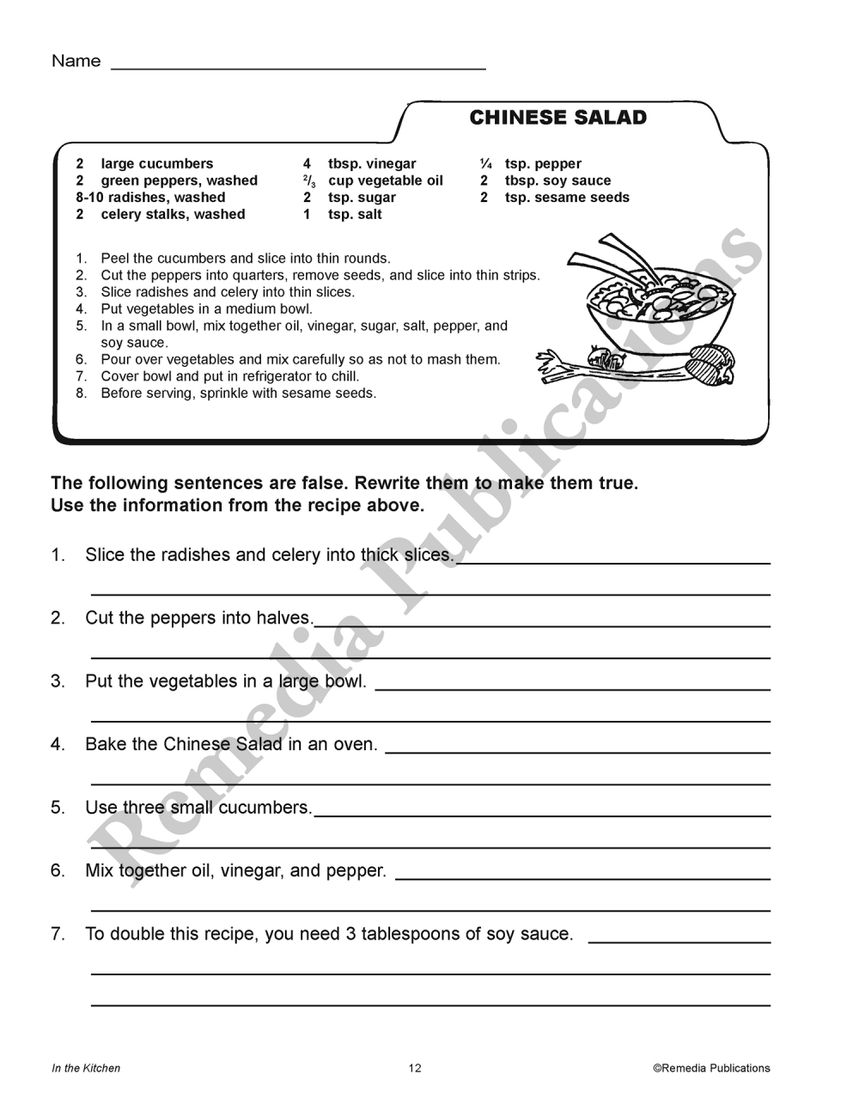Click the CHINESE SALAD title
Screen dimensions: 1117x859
[557, 118]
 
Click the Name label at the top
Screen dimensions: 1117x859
[76, 61]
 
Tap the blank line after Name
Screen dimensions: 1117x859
[298, 65]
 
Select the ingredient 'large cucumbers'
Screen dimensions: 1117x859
[156, 163]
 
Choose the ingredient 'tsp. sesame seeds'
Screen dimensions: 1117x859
[567, 198]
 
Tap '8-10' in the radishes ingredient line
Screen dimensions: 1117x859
[89, 198]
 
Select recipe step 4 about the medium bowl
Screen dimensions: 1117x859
[206, 309]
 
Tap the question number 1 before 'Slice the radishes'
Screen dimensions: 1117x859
[58, 555]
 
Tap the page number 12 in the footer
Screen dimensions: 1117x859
[415, 1068]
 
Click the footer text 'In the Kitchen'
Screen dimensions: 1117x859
[86, 1068]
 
